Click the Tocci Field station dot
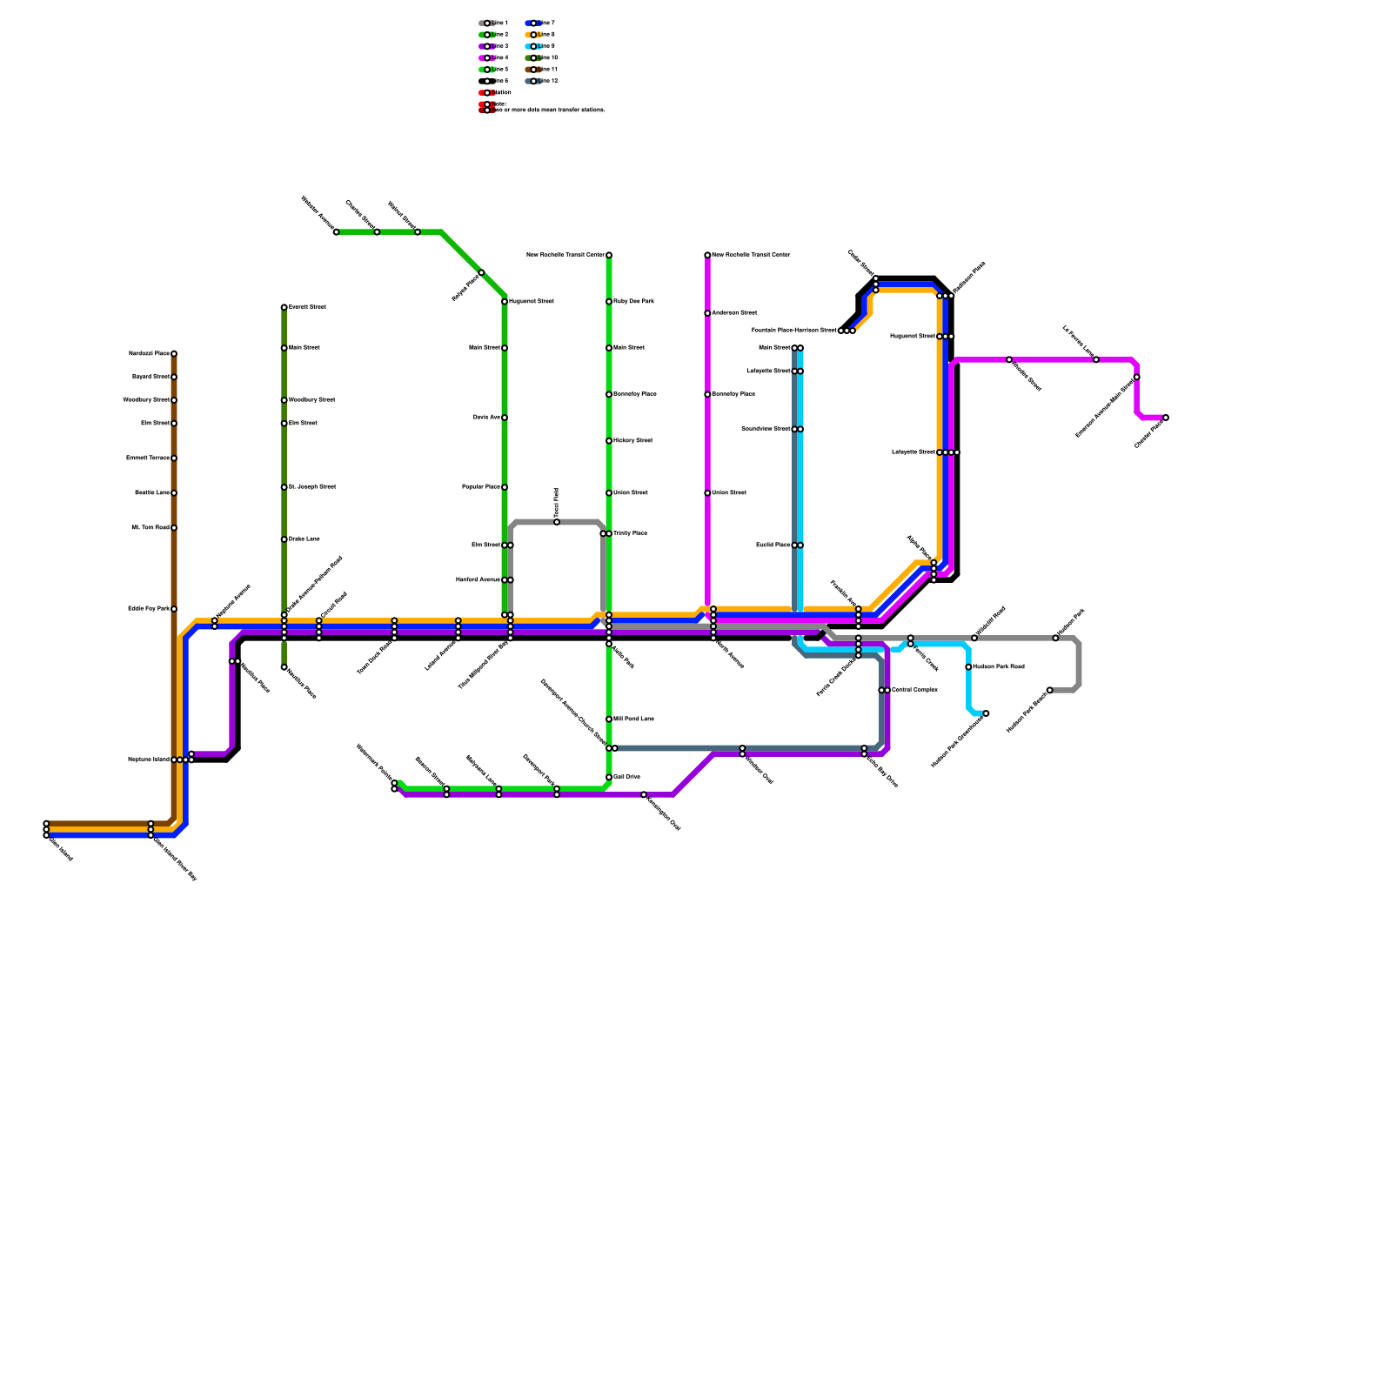(x=557, y=522)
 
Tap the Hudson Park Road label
(x=999, y=667)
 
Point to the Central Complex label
(x=914, y=690)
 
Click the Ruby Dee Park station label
(x=633, y=302)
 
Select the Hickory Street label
(x=632, y=441)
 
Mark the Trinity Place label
(x=630, y=533)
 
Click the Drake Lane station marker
(x=284, y=539)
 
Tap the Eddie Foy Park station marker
(x=174, y=609)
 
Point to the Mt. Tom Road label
(x=150, y=528)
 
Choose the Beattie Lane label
(x=152, y=493)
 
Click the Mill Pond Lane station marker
(x=609, y=719)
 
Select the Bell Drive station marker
(x=609, y=777)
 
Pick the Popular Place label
(x=480, y=487)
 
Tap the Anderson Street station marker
(x=707, y=313)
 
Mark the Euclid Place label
(x=773, y=545)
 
